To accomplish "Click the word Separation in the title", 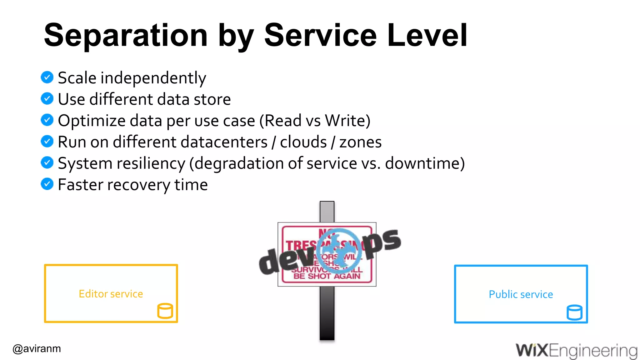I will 126,36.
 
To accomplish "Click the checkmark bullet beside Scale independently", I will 47,77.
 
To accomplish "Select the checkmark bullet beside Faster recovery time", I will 47,184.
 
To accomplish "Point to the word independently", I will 153,78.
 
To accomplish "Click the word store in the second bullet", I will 212,99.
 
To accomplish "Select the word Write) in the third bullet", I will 347,121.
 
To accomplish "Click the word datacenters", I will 190,142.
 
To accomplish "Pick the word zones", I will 360,142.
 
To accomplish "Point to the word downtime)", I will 425,163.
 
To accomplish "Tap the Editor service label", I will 111,294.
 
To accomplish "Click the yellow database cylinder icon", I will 165,311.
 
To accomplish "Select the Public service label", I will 521,294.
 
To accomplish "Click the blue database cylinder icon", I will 574,312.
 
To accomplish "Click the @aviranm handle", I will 37,348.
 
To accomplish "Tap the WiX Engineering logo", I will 576,350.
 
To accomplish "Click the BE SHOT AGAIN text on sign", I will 327,276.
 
